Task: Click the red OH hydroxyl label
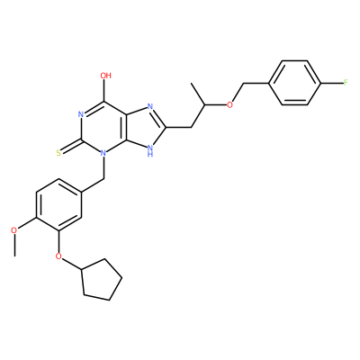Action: pyautogui.click(x=105, y=75)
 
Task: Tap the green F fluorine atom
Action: pyautogui.click(x=346, y=83)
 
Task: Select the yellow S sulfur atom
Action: pyautogui.click(x=58, y=153)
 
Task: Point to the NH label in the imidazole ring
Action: pyautogui.click(x=150, y=151)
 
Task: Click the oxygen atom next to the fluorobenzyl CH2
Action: pyautogui.click(x=229, y=105)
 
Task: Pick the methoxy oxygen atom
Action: pyautogui.click(x=13, y=230)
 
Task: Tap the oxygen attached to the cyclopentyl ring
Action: pyautogui.click(x=58, y=256)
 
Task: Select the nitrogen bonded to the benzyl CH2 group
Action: pyautogui.click(x=103, y=153)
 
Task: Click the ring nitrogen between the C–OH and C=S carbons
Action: pyautogui.click(x=80, y=114)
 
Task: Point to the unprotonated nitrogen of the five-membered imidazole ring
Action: pyautogui.click(x=150, y=107)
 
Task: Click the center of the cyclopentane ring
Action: pyautogui.click(x=102, y=280)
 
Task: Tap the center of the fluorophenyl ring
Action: pyautogui.click(x=295, y=83)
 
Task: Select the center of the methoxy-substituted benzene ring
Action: pyautogui.click(x=58, y=205)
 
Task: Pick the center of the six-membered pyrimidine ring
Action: pyautogui.click(x=103, y=128)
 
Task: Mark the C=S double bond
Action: pyautogui.click(x=71, y=146)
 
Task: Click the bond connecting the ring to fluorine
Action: pyautogui.click(x=332, y=83)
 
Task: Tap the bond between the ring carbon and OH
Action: pyautogui.click(x=105, y=90)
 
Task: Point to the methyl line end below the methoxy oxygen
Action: pyautogui.click(x=13, y=256)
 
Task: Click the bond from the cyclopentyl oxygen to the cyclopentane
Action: pyautogui.click(x=72, y=264)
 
